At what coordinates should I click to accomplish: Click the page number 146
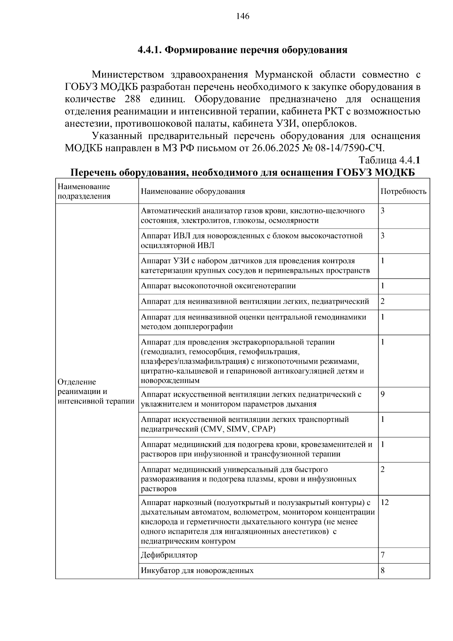(x=243, y=16)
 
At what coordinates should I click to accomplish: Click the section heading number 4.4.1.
(x=149, y=49)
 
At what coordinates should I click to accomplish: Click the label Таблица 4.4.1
(x=389, y=160)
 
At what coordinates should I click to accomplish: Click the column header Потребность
(x=403, y=191)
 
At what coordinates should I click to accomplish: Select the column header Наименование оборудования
(x=193, y=191)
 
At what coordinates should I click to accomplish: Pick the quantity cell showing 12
(x=385, y=502)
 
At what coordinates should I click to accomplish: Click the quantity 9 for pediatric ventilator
(x=383, y=394)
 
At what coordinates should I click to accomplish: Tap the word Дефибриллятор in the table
(x=169, y=555)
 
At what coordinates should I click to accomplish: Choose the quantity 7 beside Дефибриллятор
(x=383, y=555)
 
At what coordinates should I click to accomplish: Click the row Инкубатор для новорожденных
(x=197, y=571)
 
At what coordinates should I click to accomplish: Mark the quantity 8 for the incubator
(x=383, y=571)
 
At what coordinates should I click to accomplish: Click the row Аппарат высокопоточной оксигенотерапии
(x=218, y=286)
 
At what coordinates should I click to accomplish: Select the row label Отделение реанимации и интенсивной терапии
(x=96, y=391)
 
